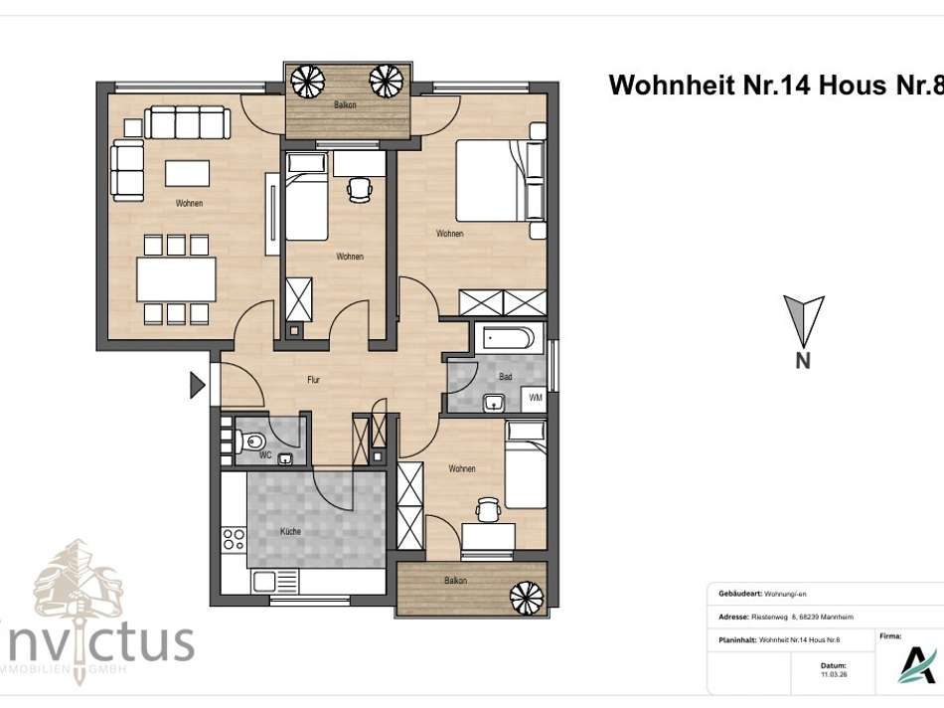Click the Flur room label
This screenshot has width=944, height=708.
[312, 379]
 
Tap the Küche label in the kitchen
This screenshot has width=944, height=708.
[290, 531]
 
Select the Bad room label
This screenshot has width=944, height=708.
[505, 377]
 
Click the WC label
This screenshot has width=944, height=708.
[265, 455]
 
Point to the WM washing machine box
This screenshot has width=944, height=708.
[535, 399]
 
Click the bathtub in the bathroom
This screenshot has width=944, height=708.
[508, 338]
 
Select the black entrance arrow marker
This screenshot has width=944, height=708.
[197, 384]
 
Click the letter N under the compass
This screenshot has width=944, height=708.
[803, 361]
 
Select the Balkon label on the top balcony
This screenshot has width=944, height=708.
[345, 104]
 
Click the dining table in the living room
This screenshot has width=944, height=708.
[177, 278]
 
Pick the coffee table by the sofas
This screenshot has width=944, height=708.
[187, 173]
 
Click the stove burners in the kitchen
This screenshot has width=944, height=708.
[235, 541]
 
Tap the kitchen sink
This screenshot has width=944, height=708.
[267, 583]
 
